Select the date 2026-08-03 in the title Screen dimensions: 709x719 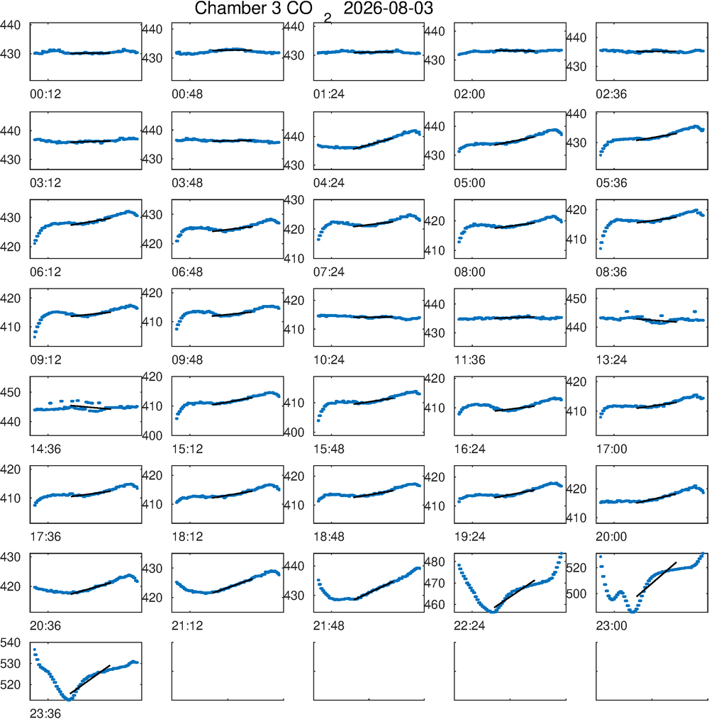388,9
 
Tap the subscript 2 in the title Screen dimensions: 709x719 327,18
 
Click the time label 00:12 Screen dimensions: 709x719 45,94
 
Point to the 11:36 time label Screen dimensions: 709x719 469,360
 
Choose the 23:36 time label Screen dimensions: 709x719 45,713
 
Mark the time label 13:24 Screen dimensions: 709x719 611,360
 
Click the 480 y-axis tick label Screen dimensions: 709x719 435,562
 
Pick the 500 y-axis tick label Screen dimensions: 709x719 576,593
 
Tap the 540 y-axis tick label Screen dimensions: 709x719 11,642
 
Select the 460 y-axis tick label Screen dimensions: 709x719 435,605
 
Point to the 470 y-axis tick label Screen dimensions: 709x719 435,584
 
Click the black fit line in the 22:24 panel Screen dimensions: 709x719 514,594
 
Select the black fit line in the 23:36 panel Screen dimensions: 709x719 90,679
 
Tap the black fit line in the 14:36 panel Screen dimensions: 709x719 90,407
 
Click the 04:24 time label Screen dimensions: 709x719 329,183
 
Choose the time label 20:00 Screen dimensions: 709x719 611,537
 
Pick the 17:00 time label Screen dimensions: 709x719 611,449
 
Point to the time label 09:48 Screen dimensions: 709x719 187,360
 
